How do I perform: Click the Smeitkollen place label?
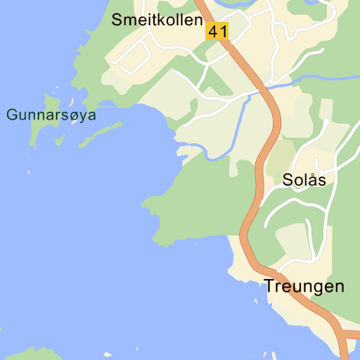tap(157, 20)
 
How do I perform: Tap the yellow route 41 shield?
tap(217, 31)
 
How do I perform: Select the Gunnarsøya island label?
tap(51, 115)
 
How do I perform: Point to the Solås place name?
tap(304, 179)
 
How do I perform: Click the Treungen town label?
tap(304, 286)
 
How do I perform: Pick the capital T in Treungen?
tap(269, 286)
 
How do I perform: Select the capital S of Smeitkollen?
tap(117, 20)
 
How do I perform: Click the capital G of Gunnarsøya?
tap(11, 115)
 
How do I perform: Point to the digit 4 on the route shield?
tap(213, 31)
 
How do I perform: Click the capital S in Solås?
tap(288, 179)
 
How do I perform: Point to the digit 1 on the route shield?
tap(223, 31)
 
